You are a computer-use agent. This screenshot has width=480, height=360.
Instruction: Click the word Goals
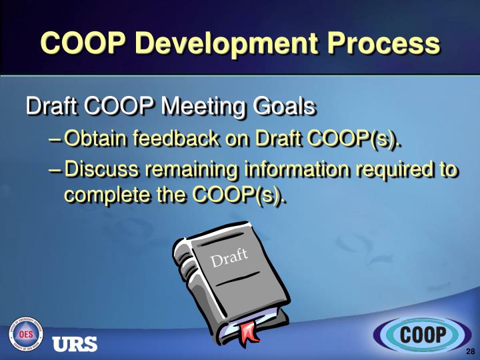pos(287,107)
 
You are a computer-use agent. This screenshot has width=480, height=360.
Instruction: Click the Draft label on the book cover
pos(229,257)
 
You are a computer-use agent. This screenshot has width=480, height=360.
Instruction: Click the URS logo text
pos(75,343)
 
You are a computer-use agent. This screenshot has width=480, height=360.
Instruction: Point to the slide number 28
pos(470,351)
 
